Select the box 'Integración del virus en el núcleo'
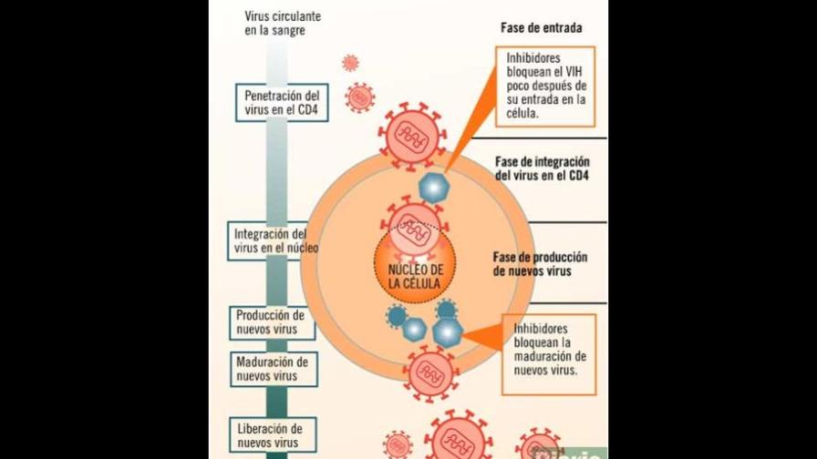pyautogui.click(x=271, y=240)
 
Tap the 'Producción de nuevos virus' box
pyautogui.click(x=271, y=321)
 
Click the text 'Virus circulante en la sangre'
pyautogui.click(x=282, y=24)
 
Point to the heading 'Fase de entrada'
pyautogui.click(x=542, y=28)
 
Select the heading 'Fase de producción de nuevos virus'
pyautogui.click(x=540, y=264)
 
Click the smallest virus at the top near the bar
pyautogui.click(x=350, y=63)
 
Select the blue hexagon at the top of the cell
pyautogui.click(x=434, y=187)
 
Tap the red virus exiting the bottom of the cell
pyautogui.click(x=429, y=372)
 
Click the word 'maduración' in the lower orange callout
pyautogui.click(x=550, y=357)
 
